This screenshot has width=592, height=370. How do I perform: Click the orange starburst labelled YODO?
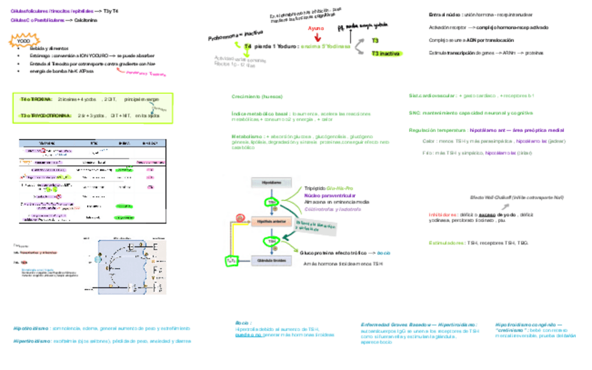[23, 42]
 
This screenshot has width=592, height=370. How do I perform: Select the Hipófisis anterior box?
[272, 221]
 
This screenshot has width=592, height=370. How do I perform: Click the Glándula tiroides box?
[272, 260]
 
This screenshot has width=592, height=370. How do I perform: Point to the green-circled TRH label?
[270, 202]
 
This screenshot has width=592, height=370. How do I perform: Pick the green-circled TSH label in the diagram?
[269, 241]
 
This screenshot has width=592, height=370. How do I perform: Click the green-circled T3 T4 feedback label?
[232, 260]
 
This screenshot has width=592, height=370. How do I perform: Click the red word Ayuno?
[316, 29]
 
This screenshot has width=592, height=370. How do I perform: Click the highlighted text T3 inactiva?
[385, 54]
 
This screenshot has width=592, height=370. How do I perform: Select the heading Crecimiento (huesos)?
[252, 96]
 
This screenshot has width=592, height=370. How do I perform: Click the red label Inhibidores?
[442, 214]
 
